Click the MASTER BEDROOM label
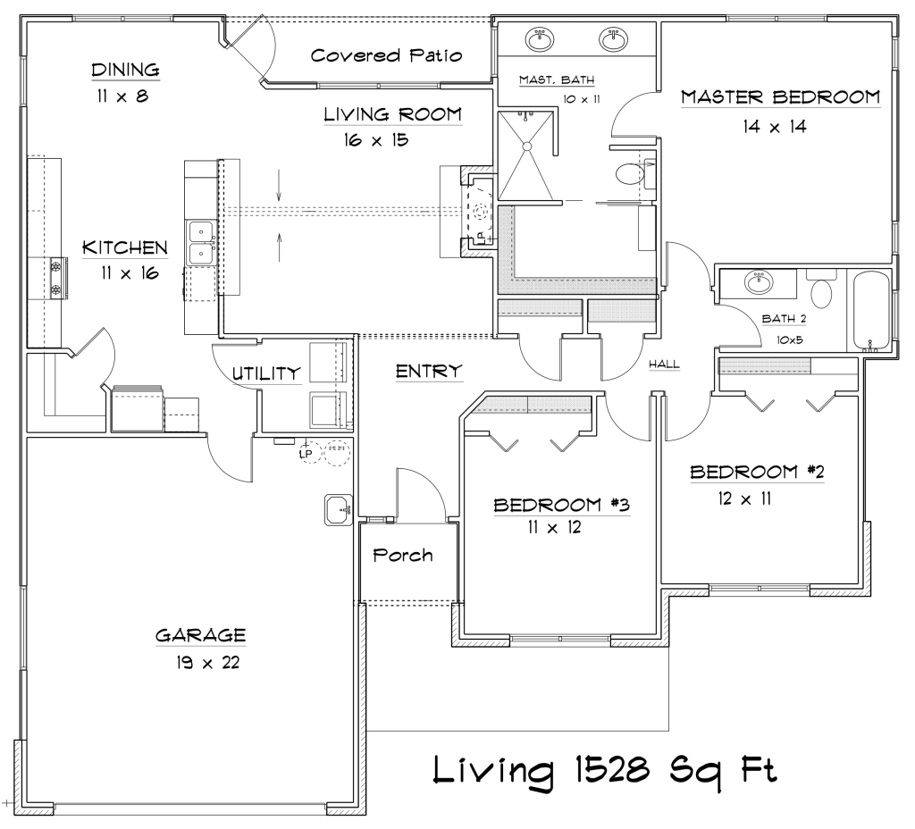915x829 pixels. pyautogui.click(x=780, y=96)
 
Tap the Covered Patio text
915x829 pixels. pyautogui.click(x=386, y=55)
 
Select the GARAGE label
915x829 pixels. pyautogui.click(x=201, y=635)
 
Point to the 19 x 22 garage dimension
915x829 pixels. pyautogui.click(x=207, y=663)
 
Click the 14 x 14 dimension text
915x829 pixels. pyautogui.click(x=775, y=127)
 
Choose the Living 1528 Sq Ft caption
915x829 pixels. pyautogui.click(x=605, y=769)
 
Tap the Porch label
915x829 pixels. pyautogui.click(x=403, y=555)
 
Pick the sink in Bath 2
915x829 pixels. pyautogui.click(x=759, y=282)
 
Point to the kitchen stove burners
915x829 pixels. pyautogui.click(x=57, y=279)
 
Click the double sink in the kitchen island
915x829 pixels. pyautogui.click(x=201, y=243)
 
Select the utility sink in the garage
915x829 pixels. pyautogui.click(x=339, y=510)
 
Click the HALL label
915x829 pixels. pyautogui.click(x=664, y=364)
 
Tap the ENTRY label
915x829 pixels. pyautogui.click(x=429, y=371)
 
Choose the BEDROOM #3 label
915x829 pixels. pyautogui.click(x=561, y=505)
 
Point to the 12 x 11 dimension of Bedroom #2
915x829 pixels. pyautogui.click(x=744, y=498)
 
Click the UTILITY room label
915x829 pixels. pyautogui.click(x=266, y=373)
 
